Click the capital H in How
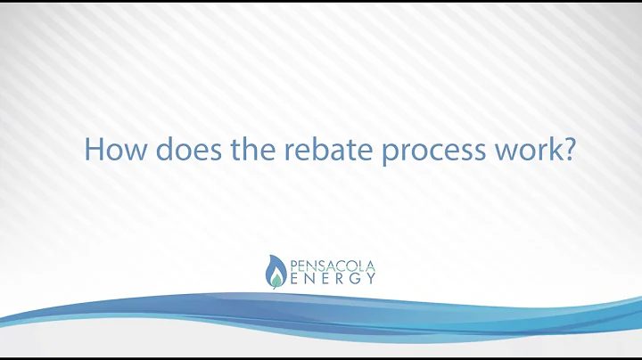click(93, 148)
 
